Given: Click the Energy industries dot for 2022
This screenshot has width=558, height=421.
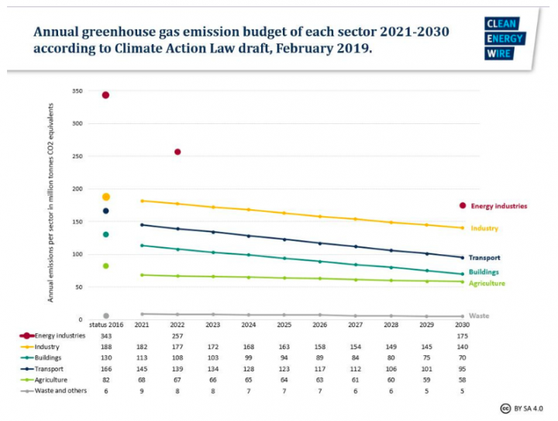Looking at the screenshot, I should (177, 152).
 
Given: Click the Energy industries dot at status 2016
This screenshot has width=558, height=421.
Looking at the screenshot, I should (105, 95).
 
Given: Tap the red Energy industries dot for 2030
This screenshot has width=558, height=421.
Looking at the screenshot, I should (463, 205).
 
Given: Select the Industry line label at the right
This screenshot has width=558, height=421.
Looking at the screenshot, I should (484, 229).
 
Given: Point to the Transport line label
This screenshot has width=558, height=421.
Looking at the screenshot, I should (484, 257).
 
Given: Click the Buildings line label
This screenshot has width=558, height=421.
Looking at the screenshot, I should (484, 272).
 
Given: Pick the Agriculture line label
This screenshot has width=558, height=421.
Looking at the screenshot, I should (486, 284).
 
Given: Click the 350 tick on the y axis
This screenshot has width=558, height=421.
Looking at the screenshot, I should (77, 91).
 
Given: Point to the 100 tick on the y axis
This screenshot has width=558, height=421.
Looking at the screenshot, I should (77, 254).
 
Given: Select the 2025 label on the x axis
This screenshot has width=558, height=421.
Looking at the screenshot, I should (284, 326).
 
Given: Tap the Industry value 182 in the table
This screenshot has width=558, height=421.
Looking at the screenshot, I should (142, 348).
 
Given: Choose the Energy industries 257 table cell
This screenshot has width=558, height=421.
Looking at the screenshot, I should (177, 336).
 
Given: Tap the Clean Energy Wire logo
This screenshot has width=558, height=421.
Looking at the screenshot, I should (504, 39).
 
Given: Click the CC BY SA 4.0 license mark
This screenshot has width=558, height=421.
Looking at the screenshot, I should (522, 409).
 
